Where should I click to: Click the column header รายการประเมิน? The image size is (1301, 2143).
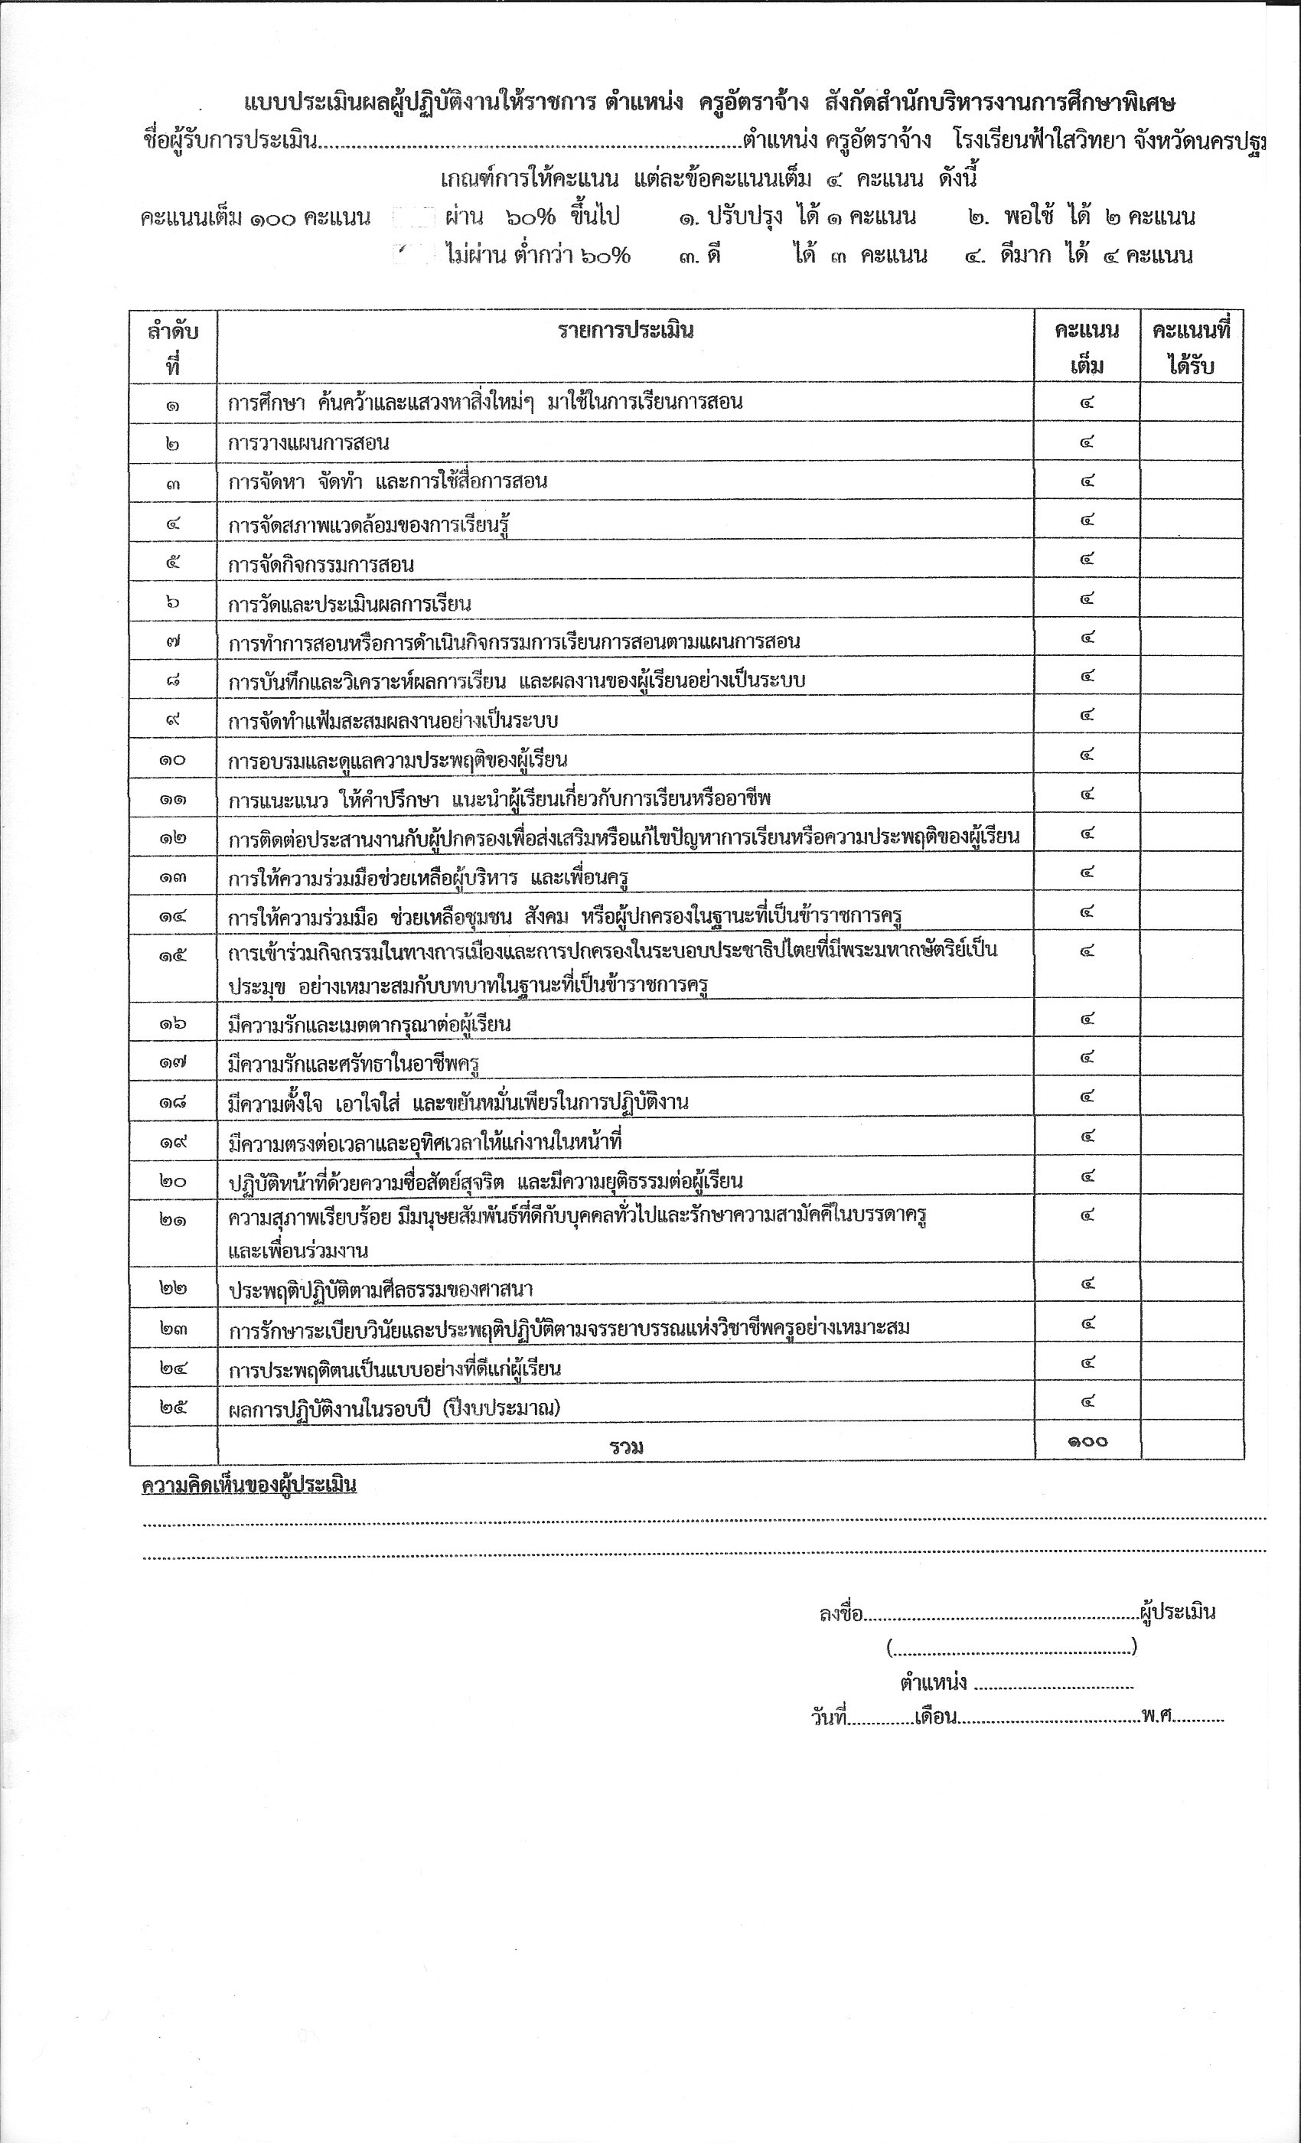pyautogui.click(x=625, y=331)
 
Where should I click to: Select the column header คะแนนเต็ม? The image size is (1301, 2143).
pyautogui.click(x=1086, y=347)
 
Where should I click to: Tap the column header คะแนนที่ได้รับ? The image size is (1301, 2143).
pyautogui.click(x=1191, y=347)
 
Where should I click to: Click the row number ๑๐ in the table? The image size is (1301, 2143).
pyautogui.click(x=172, y=760)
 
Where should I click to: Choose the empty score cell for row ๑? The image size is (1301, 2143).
pyautogui.click(x=1191, y=403)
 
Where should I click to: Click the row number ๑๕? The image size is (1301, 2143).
pyautogui.click(x=172, y=955)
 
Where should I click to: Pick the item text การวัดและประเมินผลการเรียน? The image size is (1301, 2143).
pyautogui.click(x=350, y=605)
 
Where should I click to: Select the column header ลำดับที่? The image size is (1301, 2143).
pyautogui.click(x=172, y=347)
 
